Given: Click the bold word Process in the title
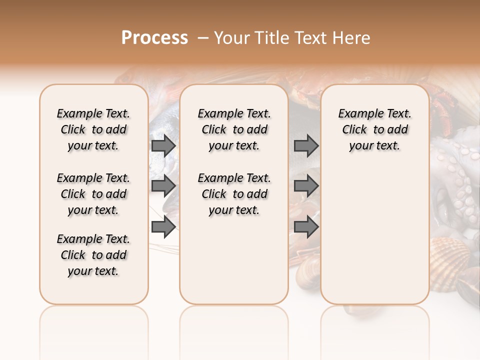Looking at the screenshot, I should [x=154, y=38].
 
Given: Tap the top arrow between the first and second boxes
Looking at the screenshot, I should [x=163, y=146].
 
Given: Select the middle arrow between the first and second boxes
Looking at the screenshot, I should [x=163, y=186].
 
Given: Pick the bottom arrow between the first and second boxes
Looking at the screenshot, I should [x=163, y=227].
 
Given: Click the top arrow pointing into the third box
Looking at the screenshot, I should [x=306, y=146].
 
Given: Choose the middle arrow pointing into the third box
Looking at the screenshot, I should [x=306, y=186].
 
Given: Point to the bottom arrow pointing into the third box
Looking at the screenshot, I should [x=306, y=227].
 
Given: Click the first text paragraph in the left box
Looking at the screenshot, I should [x=93, y=129].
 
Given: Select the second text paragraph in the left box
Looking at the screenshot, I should [x=93, y=194].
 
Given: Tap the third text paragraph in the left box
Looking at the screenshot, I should [x=93, y=255].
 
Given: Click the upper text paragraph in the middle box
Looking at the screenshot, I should [x=234, y=129].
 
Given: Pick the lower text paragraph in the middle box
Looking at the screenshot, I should [x=234, y=194].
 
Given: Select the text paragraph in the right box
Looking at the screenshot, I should [x=375, y=129].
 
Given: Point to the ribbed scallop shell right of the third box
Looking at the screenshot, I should [x=449, y=252].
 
